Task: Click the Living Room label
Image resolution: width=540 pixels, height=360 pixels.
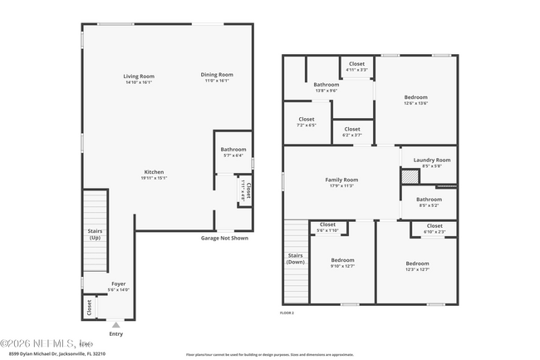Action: (x=140, y=76)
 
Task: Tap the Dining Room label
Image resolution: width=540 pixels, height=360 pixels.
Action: (x=217, y=75)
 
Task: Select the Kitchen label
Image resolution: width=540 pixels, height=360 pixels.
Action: (x=154, y=172)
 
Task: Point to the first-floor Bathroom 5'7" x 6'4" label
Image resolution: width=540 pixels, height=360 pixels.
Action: (x=233, y=150)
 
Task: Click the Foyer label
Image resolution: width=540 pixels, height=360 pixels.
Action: (x=120, y=284)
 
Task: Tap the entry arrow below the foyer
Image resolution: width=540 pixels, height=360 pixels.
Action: (x=115, y=325)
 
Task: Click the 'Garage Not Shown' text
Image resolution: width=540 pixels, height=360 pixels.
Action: (x=223, y=238)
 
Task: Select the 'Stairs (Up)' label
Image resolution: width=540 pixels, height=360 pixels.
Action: (x=95, y=234)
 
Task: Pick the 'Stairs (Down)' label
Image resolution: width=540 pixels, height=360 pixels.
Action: (x=296, y=258)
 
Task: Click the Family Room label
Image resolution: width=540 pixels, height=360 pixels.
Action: (x=341, y=180)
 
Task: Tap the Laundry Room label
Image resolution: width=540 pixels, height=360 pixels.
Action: (x=431, y=160)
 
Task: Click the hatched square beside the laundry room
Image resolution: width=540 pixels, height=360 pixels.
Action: (x=409, y=176)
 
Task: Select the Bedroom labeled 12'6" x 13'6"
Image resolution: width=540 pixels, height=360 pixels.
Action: (x=416, y=97)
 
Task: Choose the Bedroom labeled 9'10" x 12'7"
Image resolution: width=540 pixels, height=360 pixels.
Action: (x=342, y=260)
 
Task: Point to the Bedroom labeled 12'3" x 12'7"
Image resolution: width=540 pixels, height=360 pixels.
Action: (x=417, y=260)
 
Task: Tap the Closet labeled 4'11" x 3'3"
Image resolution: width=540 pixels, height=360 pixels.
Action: (x=356, y=65)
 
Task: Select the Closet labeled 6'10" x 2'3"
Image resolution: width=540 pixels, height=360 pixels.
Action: (x=434, y=226)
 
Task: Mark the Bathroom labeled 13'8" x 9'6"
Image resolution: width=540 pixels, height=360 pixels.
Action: (x=326, y=86)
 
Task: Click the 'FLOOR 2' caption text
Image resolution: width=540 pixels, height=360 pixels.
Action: (x=287, y=312)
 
